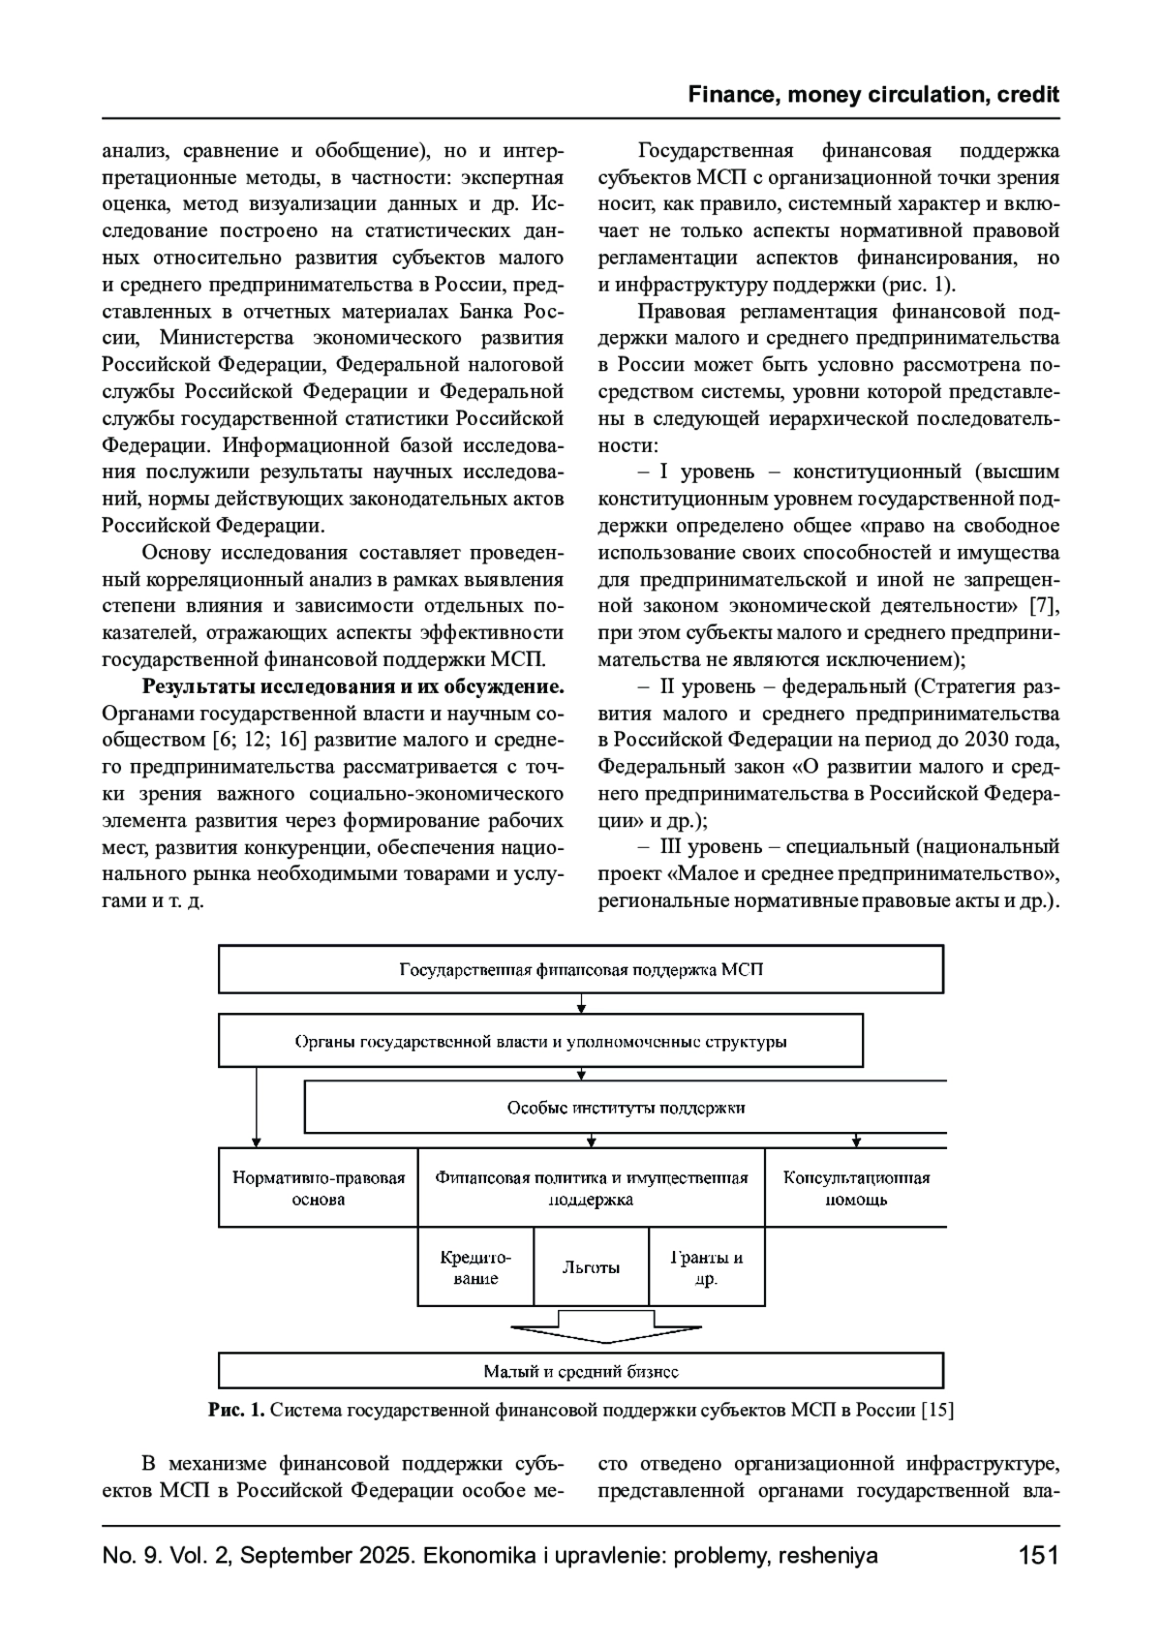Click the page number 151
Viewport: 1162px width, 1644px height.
pyautogui.click(x=1038, y=1556)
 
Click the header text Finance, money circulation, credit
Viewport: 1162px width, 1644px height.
pyautogui.click(x=873, y=95)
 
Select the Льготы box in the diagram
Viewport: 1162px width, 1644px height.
pyautogui.click(x=591, y=1267)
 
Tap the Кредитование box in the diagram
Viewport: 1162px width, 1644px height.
pyautogui.click(x=475, y=1267)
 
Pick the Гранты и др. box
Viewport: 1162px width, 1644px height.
pyautogui.click(x=707, y=1267)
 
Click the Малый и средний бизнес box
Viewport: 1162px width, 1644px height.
pyautogui.click(x=581, y=1371)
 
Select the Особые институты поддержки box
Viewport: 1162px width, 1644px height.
pyautogui.click(x=626, y=1108)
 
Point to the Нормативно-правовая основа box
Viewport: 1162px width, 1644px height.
pyautogui.click(x=319, y=1188)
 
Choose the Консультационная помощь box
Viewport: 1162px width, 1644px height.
pyautogui.click(x=856, y=1188)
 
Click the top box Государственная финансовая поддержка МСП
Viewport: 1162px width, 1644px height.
pyautogui.click(x=581, y=969)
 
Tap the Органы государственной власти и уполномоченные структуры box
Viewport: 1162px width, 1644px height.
pyautogui.click(x=540, y=1042)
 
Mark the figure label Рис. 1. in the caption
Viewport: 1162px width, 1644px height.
pyautogui.click(x=236, y=1410)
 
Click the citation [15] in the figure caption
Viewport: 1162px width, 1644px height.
pyautogui.click(x=937, y=1410)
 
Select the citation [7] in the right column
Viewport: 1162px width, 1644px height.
pyautogui.click(x=1045, y=606)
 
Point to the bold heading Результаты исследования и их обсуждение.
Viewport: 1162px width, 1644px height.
pyautogui.click(x=353, y=687)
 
